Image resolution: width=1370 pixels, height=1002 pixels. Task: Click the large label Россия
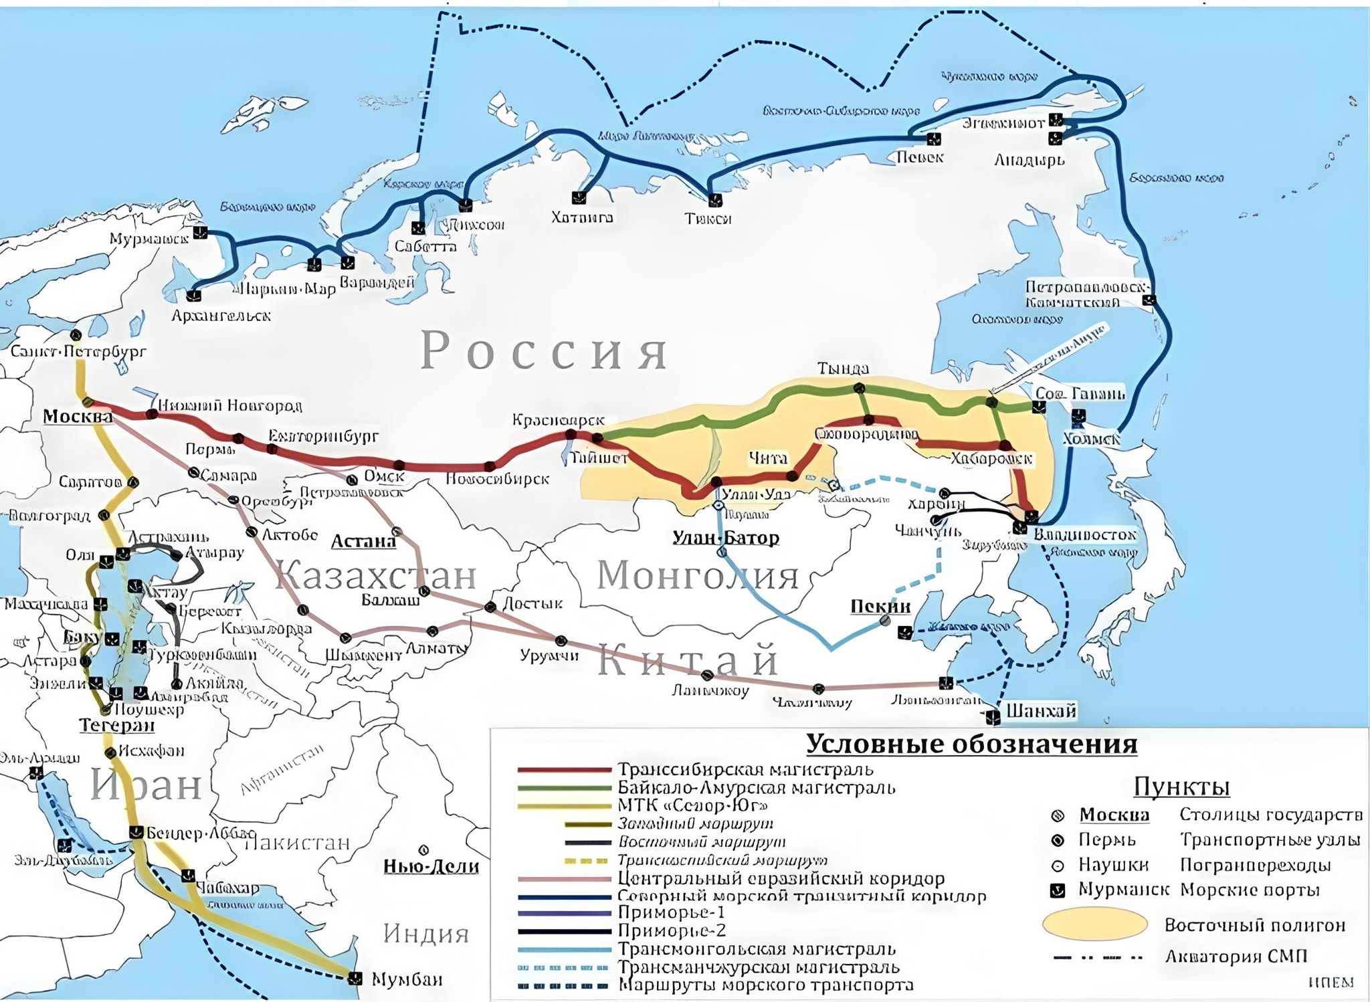click(543, 352)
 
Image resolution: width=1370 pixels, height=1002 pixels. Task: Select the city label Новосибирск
click(497, 479)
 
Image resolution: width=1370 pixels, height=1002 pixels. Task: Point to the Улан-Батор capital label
click(726, 537)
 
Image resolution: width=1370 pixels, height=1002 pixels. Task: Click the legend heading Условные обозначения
click(971, 744)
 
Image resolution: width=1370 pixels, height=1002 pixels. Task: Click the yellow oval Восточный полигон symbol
click(1094, 925)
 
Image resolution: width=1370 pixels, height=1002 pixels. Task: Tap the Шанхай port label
click(1041, 710)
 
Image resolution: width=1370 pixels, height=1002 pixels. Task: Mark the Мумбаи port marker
click(355, 978)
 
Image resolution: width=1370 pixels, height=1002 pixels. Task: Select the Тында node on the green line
click(861, 388)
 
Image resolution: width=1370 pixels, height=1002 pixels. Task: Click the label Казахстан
click(376, 575)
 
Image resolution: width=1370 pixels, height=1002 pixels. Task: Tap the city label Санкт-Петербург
click(78, 352)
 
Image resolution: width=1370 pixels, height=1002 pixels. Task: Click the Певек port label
click(920, 157)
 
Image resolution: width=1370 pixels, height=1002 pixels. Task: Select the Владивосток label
click(1084, 534)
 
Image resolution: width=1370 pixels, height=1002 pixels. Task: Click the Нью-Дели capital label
click(431, 867)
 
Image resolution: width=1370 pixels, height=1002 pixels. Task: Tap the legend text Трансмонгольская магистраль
click(756, 949)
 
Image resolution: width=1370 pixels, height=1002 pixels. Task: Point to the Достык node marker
click(490, 607)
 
